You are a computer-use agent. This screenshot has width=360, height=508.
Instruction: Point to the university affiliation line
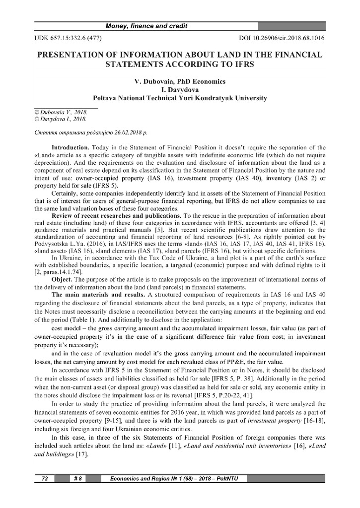click(x=180, y=98)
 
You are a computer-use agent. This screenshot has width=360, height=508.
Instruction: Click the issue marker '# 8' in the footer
click(x=78, y=479)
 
